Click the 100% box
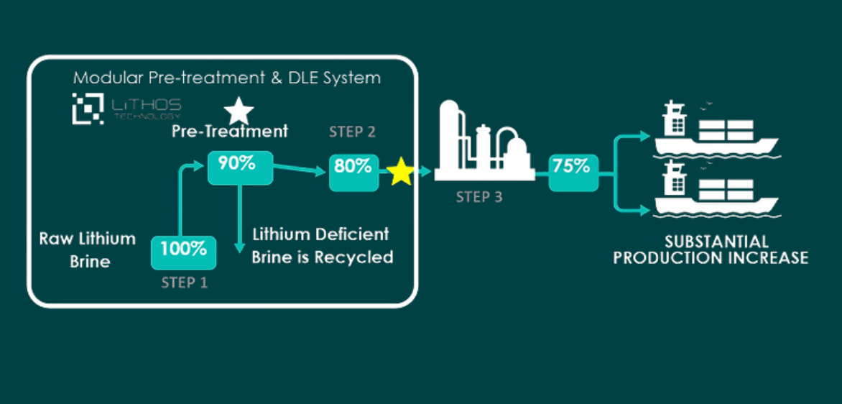183,250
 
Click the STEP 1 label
184,283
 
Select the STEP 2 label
352,132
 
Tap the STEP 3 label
479,196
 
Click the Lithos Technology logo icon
87,108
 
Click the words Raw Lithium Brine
88,249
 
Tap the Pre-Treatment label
230,132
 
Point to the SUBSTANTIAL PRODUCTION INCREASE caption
711,249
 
